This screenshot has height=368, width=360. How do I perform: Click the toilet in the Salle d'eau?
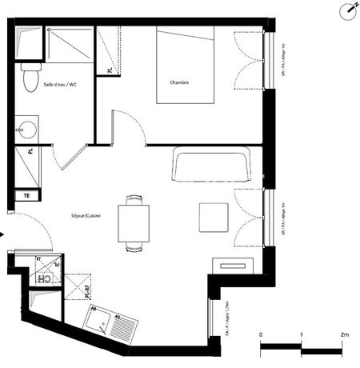(x=29, y=78)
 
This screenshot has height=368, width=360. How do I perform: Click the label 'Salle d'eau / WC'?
(x=60, y=83)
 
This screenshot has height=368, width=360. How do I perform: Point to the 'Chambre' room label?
(x=179, y=82)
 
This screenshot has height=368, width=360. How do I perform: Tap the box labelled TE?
(x=26, y=194)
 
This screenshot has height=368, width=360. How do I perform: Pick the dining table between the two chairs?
(x=134, y=223)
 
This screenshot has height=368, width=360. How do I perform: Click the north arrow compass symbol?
(x=349, y=10)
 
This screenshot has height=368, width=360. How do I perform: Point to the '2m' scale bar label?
(x=345, y=334)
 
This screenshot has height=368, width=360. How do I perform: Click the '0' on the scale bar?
(x=261, y=334)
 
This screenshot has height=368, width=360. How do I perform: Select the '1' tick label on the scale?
(x=302, y=334)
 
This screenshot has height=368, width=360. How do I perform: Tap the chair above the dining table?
(x=134, y=199)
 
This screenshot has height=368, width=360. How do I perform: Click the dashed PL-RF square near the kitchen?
(x=78, y=287)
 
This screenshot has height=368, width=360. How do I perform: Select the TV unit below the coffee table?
(x=235, y=264)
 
